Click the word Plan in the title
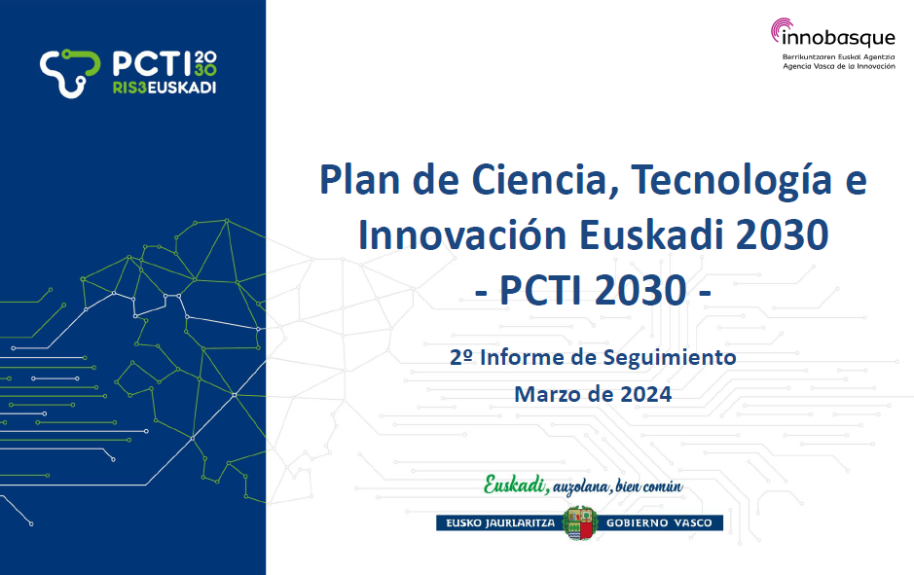pyautogui.click(x=359, y=179)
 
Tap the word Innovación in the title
pyautogui.click(x=462, y=234)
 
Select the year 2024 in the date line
pyautogui.click(x=646, y=394)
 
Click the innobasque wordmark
pyautogui.click(x=838, y=39)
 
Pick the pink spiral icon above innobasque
pyautogui.click(x=782, y=28)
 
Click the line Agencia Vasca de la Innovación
pyautogui.click(x=839, y=66)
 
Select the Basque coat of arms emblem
pyautogui.click(x=580, y=522)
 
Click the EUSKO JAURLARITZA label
pyautogui.click(x=500, y=523)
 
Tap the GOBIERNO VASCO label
pyautogui.click(x=659, y=523)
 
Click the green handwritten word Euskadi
pyautogui.click(x=515, y=485)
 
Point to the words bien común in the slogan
pyautogui.click(x=649, y=485)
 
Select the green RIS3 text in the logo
pyautogui.click(x=129, y=88)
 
